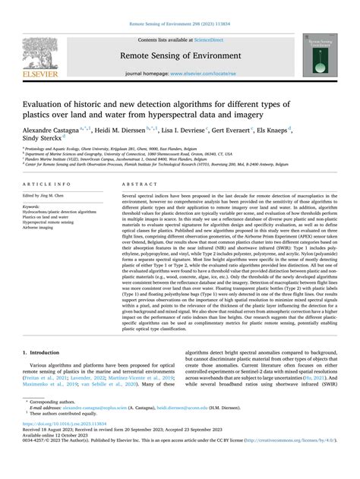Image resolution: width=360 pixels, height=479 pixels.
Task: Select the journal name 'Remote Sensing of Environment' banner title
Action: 179,55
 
